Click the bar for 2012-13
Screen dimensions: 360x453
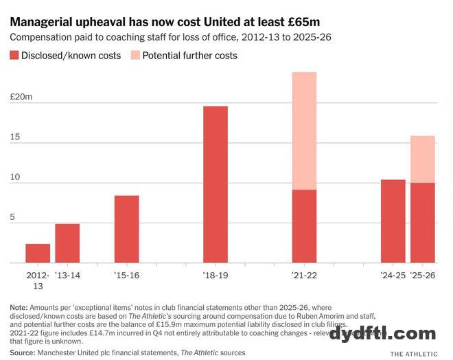pos(38,254)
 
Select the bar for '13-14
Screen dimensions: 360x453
pos(67,243)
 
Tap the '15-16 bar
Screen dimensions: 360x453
pos(126,229)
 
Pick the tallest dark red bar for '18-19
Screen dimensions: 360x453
pos(216,184)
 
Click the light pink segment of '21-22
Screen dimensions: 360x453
pos(304,131)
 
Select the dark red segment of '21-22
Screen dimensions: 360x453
pos(304,226)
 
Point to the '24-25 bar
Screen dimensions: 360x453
pos(393,221)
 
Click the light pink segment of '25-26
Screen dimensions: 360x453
pos(423,159)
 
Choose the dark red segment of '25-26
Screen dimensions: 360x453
pos(423,223)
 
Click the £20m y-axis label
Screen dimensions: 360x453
pos(21,97)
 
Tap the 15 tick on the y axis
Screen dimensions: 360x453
pos(14,137)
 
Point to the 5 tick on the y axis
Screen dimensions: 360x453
pos(12,217)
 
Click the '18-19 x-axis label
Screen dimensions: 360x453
pos(216,275)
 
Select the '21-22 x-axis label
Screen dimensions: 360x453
pos(304,275)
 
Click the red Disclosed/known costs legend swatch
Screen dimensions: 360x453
pos(15,55)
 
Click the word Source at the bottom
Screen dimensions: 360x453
pos(22,352)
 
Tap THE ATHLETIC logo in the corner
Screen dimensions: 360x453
pos(414,354)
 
